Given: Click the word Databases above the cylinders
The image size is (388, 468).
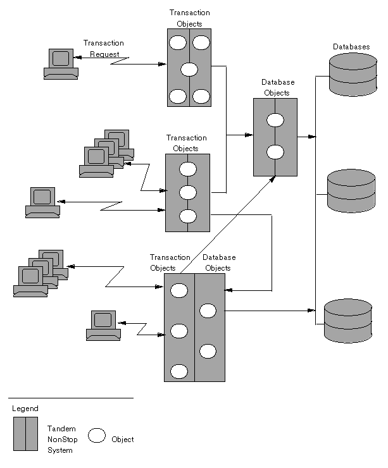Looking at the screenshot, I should [x=351, y=47].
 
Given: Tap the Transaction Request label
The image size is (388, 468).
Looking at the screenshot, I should [x=104, y=49].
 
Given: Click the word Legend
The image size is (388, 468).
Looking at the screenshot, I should [x=25, y=409].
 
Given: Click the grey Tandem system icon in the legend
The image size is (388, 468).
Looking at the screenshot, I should [x=25, y=433].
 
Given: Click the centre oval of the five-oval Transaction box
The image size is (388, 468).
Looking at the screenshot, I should [x=189, y=70].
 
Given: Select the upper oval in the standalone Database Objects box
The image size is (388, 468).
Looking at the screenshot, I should [x=275, y=120].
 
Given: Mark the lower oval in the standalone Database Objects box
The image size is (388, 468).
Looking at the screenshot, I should [x=275, y=152].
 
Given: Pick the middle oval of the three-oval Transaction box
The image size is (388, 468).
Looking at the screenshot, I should [x=188, y=192].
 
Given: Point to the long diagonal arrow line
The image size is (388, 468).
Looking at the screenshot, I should [x=225, y=225].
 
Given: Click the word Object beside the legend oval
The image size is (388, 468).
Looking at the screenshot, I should [x=122, y=440].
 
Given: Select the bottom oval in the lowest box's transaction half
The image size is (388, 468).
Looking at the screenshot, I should [x=179, y=371].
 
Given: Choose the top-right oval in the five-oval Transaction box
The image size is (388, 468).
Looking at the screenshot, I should [x=201, y=44].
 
